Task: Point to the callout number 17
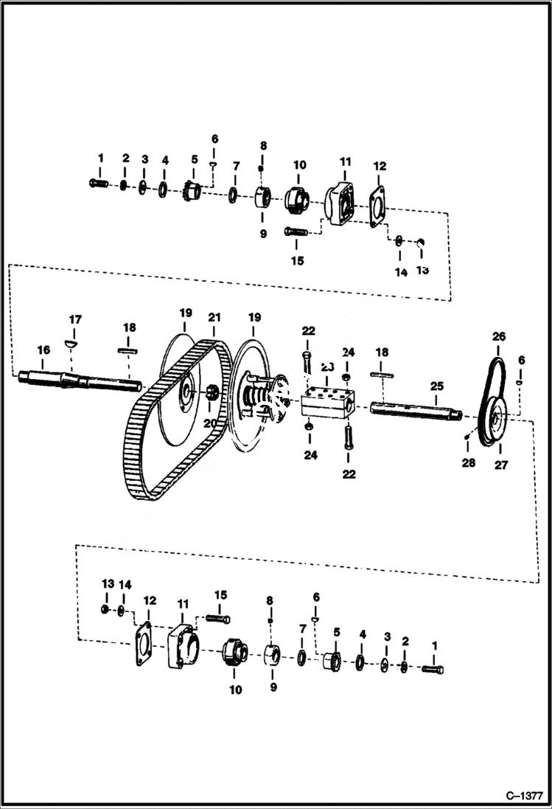click(74, 319)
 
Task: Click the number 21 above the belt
click(214, 317)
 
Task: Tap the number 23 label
click(327, 367)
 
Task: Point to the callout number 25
click(438, 386)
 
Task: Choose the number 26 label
click(499, 336)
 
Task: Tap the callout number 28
click(469, 462)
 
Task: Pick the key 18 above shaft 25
click(382, 376)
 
